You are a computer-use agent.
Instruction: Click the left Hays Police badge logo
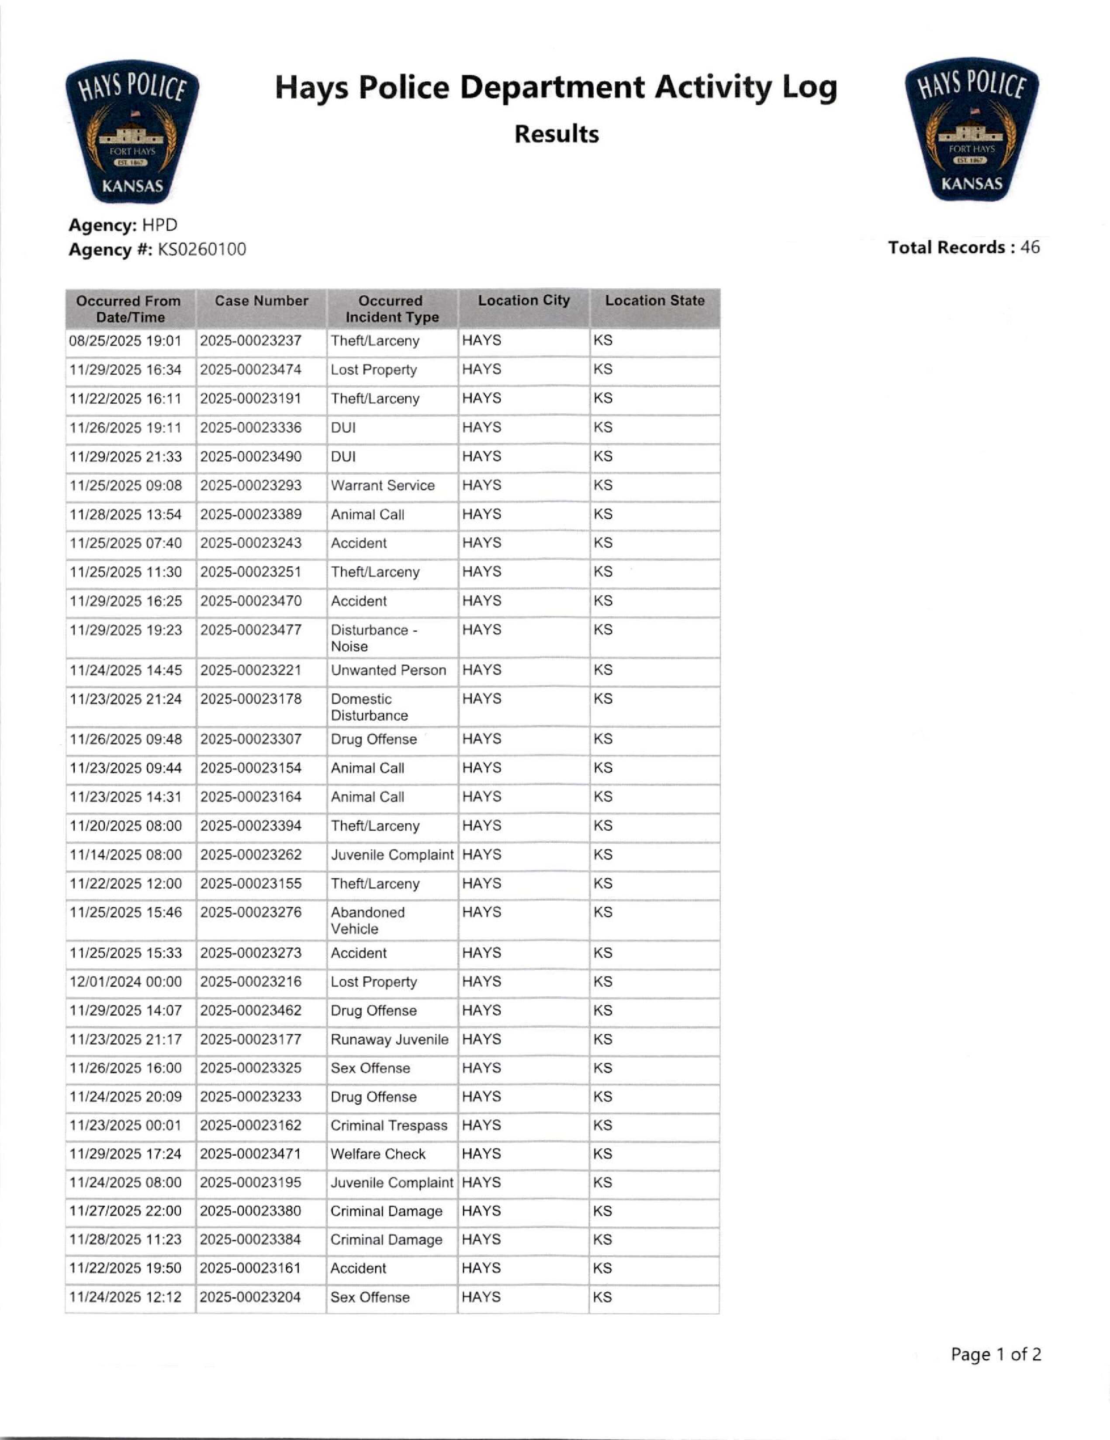click(132, 132)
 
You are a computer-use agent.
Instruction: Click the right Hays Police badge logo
click(972, 130)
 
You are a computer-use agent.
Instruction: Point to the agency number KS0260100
click(201, 249)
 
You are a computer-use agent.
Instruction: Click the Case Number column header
click(261, 300)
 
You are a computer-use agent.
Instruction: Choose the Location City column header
click(524, 300)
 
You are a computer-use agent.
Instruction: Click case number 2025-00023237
click(251, 341)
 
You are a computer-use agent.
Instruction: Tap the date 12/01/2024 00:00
click(125, 982)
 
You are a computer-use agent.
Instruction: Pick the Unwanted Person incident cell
click(388, 670)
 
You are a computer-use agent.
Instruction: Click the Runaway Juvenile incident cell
click(389, 1040)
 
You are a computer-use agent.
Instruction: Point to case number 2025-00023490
click(251, 456)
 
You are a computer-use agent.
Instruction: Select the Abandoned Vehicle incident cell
click(367, 920)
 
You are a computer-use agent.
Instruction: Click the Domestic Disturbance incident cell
click(369, 707)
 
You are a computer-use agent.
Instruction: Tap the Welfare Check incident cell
click(378, 1154)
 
